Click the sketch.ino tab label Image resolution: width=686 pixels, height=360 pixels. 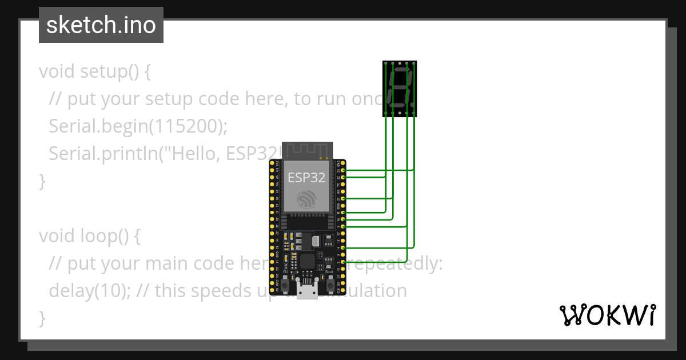click(101, 25)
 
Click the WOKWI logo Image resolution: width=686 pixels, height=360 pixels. click(608, 315)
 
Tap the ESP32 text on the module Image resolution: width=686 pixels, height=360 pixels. click(306, 177)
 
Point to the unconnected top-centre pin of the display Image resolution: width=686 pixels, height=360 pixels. click(400, 63)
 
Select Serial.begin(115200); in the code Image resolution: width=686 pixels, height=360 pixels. click(138, 126)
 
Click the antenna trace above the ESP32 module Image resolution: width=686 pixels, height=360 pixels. click(307, 150)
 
